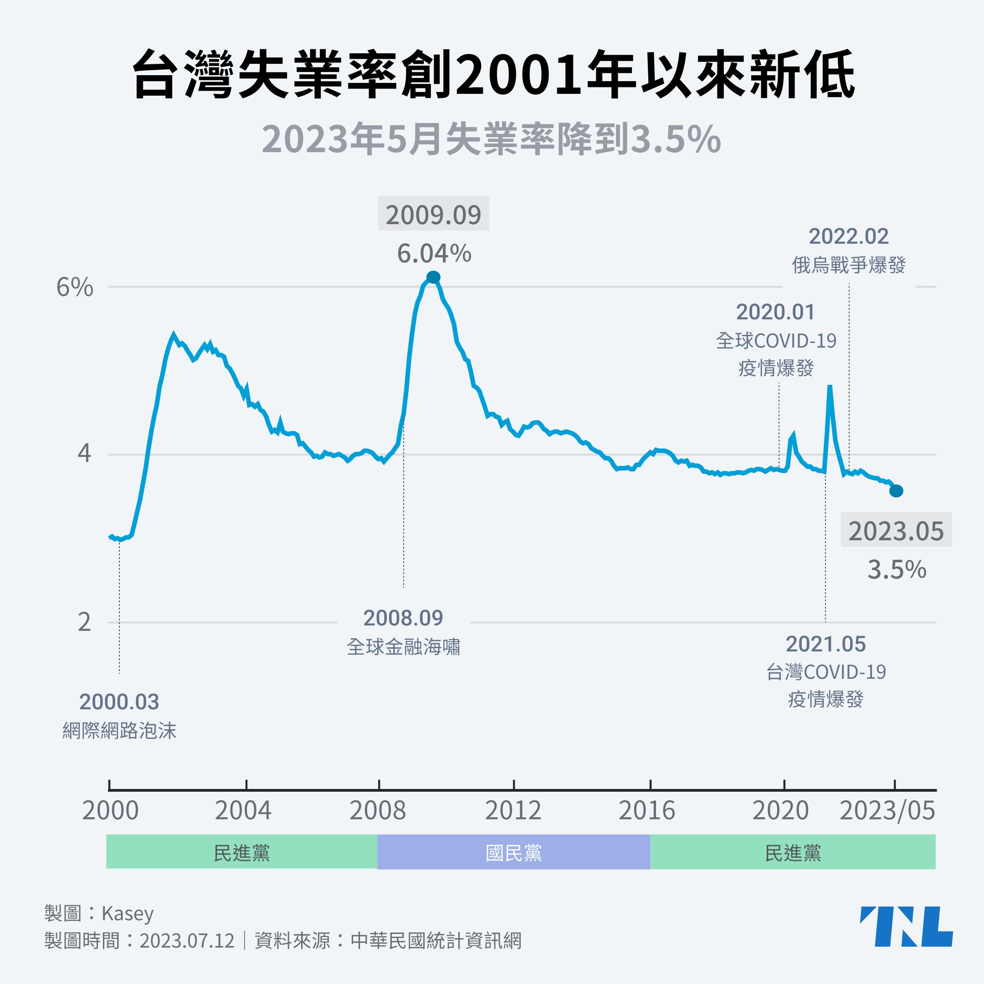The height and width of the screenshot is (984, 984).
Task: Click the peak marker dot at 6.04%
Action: [433, 277]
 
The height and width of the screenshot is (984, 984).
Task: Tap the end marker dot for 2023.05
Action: [897, 491]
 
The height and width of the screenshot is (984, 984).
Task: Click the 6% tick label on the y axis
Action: [75, 288]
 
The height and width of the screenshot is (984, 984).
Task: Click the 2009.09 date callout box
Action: [433, 215]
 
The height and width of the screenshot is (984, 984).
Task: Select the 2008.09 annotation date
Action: [403, 618]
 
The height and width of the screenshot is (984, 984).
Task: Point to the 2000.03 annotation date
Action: [119, 702]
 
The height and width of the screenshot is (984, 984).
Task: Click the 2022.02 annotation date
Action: [849, 236]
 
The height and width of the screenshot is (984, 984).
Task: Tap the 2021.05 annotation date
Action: [825, 644]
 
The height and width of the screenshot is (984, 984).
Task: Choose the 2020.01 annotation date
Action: [775, 312]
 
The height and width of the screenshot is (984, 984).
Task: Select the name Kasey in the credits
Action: [128, 913]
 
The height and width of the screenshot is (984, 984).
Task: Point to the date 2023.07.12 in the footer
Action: [187, 940]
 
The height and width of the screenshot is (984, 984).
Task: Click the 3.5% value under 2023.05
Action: [897, 570]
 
